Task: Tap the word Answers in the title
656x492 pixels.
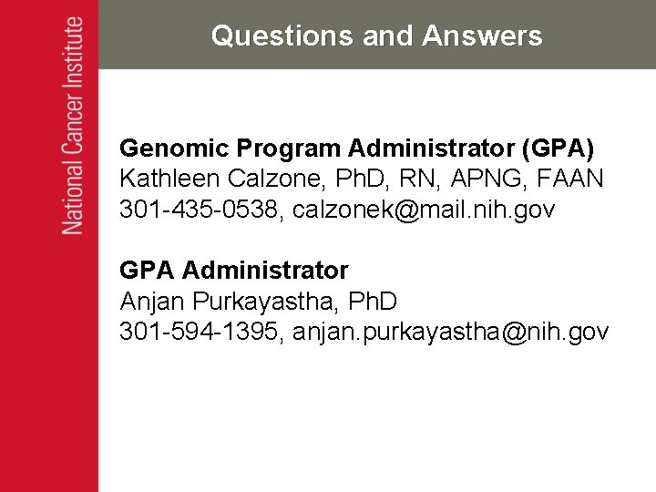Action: pyautogui.click(x=482, y=36)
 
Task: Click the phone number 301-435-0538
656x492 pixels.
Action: pyautogui.click(x=200, y=210)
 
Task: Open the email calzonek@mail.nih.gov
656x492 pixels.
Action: pyautogui.click(x=424, y=210)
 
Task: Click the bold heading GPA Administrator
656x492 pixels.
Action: pyautogui.click(x=234, y=271)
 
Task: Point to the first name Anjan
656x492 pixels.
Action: pyautogui.click(x=153, y=301)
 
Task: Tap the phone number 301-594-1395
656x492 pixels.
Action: pyautogui.click(x=200, y=333)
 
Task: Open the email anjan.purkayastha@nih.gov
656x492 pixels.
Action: pyautogui.click(x=451, y=333)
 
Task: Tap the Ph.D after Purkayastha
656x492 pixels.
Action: pyautogui.click(x=374, y=301)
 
